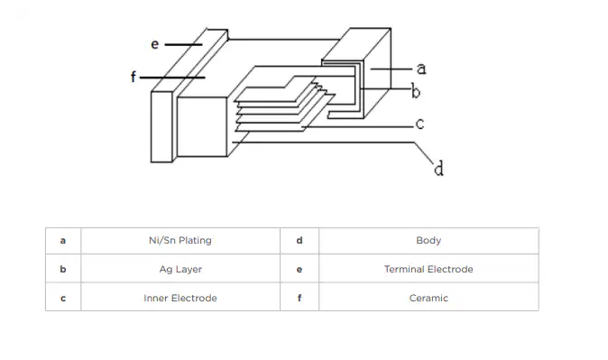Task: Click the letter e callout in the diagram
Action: [155, 44]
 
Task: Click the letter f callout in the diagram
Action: [134, 77]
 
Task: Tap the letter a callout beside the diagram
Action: [421, 69]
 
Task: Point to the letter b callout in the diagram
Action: [415, 91]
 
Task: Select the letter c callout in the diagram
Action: [419, 124]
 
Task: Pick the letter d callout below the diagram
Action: [438, 169]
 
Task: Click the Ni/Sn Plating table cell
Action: [180, 241]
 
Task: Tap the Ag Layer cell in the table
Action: [180, 269]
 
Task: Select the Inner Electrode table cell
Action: [180, 298]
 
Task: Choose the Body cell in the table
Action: [428, 241]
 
